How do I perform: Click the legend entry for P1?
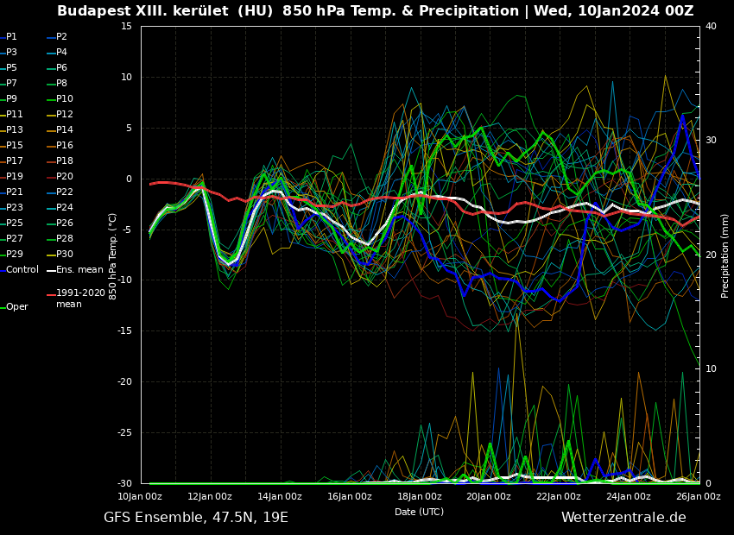click(11, 37)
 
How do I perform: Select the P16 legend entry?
click(65, 146)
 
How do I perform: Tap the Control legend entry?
click(22, 270)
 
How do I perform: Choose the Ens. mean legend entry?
click(79, 270)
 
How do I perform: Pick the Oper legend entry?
click(17, 307)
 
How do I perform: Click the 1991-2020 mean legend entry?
click(80, 299)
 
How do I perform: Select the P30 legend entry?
click(65, 255)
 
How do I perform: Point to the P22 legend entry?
click(65, 192)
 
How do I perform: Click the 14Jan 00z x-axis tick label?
click(280, 496)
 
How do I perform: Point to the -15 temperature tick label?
click(125, 331)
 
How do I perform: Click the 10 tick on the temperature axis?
click(126, 78)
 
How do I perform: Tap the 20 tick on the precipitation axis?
click(711, 255)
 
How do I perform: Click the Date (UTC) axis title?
click(419, 512)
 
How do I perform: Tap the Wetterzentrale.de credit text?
click(623, 518)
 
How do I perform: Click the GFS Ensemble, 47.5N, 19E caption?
click(196, 518)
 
